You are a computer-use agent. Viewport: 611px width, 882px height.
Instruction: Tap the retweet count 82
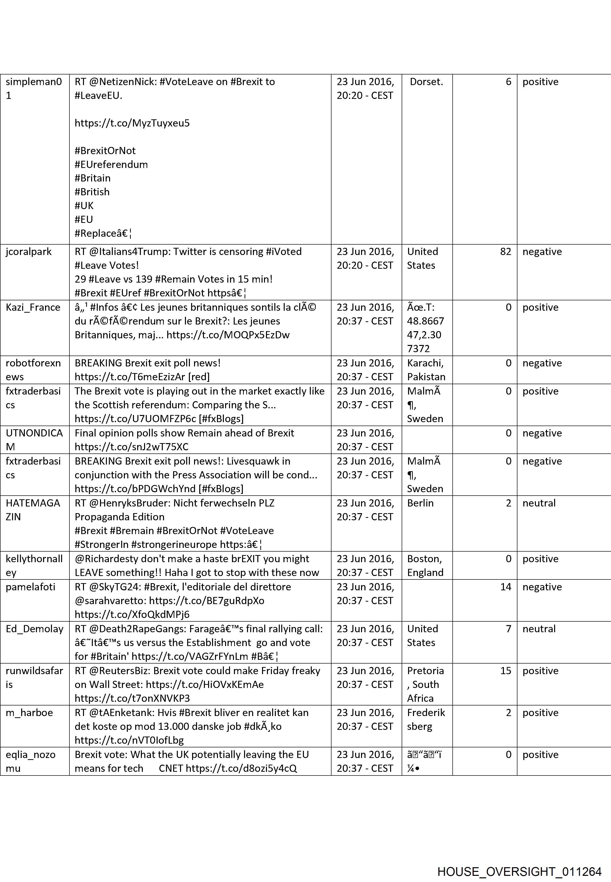point(505,252)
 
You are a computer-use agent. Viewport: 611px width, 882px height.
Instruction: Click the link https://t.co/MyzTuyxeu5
point(132,123)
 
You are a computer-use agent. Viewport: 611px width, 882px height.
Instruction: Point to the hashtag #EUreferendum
point(111,164)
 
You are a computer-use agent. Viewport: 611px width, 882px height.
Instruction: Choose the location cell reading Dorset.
point(426,82)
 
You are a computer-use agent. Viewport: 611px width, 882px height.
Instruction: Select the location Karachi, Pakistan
point(426,370)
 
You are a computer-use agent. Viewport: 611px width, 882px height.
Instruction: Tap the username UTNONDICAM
point(34,440)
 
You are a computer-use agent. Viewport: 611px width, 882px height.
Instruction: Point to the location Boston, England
point(425,565)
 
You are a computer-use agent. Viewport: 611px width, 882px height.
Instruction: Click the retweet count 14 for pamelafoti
point(505,587)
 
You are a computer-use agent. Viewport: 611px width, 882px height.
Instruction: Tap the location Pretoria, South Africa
point(425,684)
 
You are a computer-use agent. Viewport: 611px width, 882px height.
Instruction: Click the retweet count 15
point(505,670)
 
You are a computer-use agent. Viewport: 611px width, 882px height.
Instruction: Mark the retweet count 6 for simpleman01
point(508,82)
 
